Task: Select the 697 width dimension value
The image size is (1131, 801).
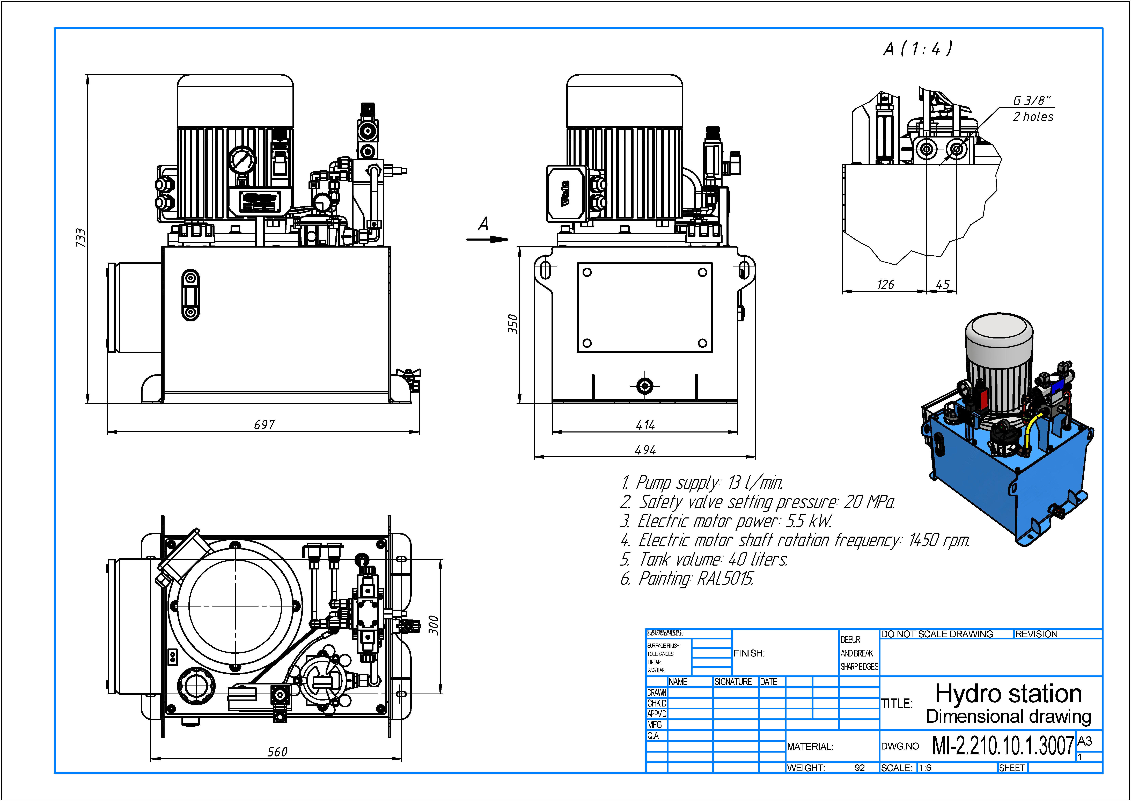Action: pos(264,425)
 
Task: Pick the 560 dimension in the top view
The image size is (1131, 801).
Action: pos(277,752)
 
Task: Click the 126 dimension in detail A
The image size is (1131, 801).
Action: pos(885,285)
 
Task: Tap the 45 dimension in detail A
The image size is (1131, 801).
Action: pos(942,285)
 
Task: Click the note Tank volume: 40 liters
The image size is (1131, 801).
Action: pos(704,559)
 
